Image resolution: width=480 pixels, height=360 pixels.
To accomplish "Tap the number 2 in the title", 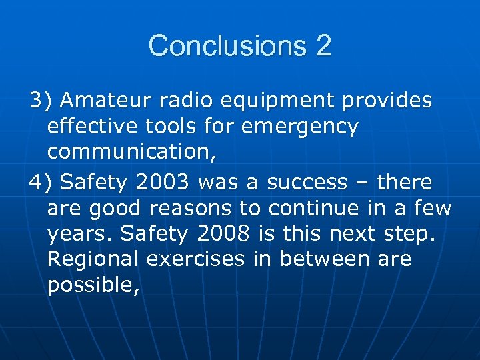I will pos(323,46).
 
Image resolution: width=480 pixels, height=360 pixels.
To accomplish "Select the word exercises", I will pos(195,259).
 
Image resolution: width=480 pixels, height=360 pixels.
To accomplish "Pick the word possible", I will pos(91,285).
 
